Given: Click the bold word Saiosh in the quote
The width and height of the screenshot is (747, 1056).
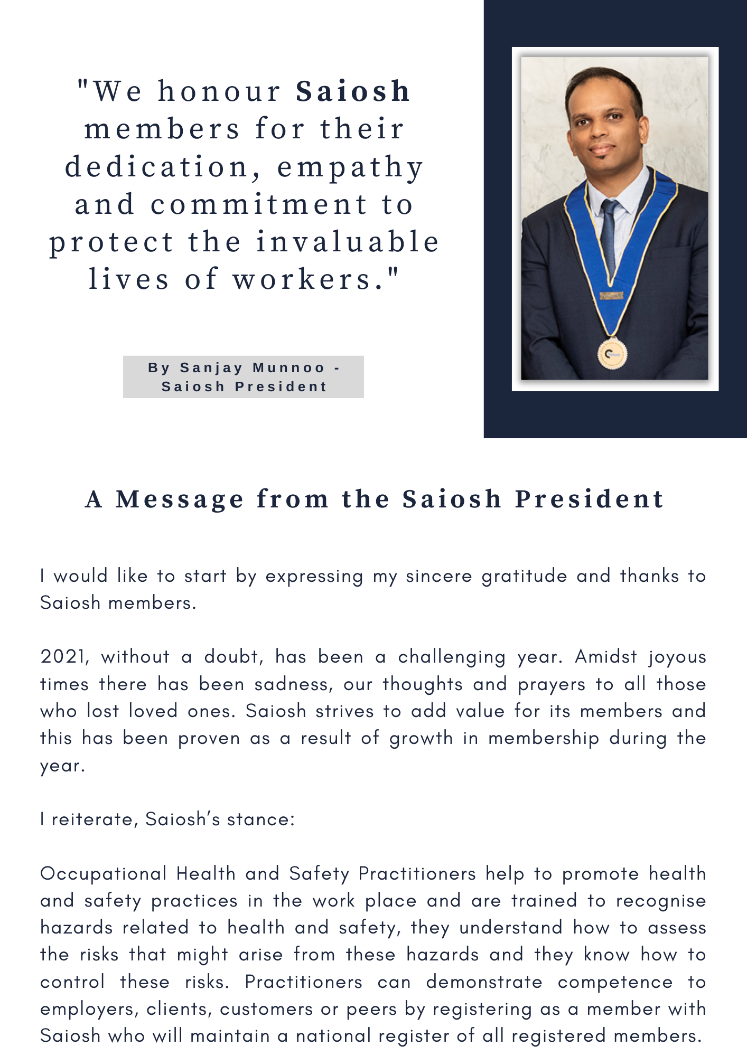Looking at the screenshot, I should [x=353, y=91].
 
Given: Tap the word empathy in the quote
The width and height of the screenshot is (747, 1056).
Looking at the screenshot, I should [x=350, y=167].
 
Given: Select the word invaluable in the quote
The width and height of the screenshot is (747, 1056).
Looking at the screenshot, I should [x=348, y=242].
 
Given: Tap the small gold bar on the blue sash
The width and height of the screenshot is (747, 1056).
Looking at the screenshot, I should [x=611, y=296].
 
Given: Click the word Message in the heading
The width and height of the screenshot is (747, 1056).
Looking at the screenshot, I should [x=180, y=499].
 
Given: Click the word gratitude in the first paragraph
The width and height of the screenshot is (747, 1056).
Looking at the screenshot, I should [x=524, y=576].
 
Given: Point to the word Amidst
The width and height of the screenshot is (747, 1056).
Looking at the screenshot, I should [x=606, y=657].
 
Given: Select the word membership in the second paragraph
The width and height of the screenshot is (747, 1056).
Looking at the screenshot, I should [x=544, y=738].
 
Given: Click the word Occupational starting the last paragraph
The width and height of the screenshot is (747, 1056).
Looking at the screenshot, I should [x=103, y=874].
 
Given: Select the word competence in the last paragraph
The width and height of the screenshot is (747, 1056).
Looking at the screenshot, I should [x=615, y=982].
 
